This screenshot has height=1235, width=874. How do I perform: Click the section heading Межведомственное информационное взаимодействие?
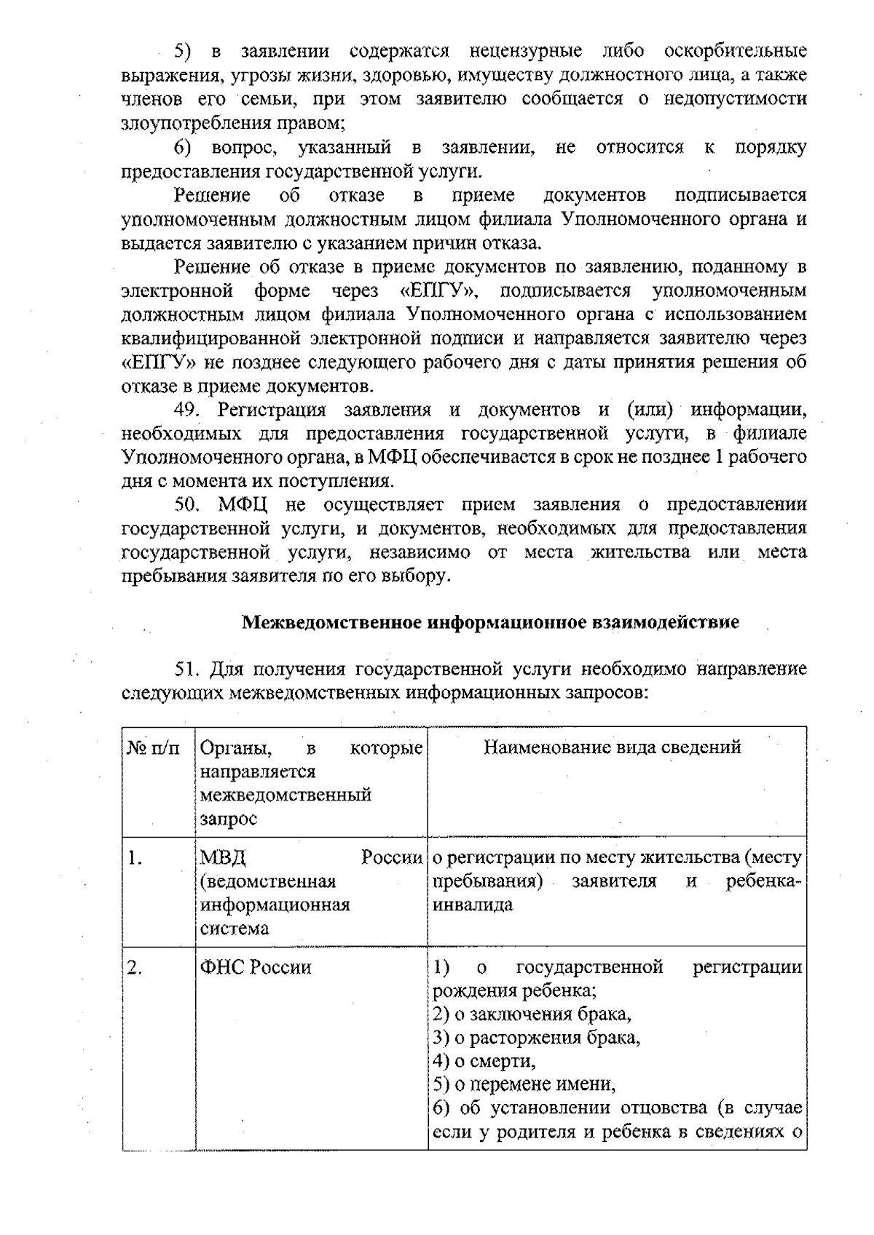pos(490,622)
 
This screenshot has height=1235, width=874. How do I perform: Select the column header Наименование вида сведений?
pos(613,747)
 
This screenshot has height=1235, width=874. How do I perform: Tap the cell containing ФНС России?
pos(256,968)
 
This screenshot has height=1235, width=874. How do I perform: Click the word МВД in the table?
pos(218,859)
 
